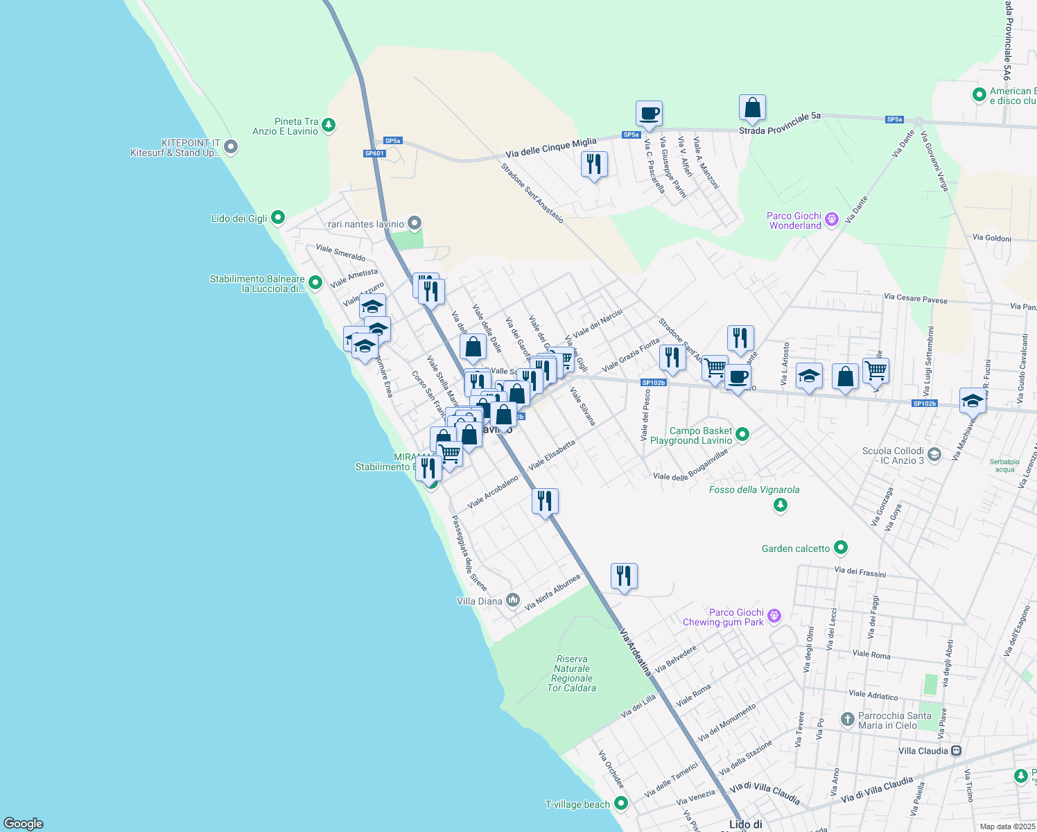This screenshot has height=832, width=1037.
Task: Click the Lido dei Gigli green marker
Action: point(277,218)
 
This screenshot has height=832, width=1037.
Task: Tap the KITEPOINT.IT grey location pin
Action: point(232,147)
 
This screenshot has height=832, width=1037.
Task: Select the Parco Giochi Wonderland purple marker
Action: point(832,220)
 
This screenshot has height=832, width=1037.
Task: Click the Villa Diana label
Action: point(480,601)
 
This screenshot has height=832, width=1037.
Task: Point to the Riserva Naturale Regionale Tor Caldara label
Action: point(572,673)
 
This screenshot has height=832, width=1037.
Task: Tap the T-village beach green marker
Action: point(621,804)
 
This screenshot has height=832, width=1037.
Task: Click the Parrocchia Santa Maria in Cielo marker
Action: point(847,720)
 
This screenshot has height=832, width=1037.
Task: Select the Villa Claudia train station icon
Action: point(957,751)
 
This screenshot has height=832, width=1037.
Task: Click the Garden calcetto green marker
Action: point(841,548)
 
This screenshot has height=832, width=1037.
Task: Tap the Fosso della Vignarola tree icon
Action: point(781,505)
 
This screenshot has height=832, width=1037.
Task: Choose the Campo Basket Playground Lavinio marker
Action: point(742,435)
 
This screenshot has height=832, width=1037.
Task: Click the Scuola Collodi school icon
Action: point(934,455)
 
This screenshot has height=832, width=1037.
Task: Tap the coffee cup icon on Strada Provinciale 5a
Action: point(649,114)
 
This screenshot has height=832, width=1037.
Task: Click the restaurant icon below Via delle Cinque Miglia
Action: point(594,165)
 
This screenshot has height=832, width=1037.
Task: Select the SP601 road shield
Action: point(374,153)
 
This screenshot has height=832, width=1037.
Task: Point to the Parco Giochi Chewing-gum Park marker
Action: point(774,616)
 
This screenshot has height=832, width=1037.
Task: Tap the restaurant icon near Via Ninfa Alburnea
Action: point(624,576)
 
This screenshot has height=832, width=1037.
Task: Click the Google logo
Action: point(24,824)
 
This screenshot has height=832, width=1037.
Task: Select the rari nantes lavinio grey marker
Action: point(415,223)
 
